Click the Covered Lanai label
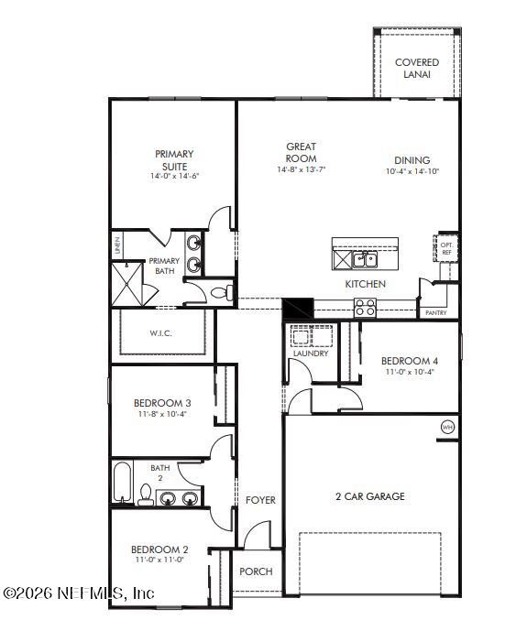pyautogui.click(x=416, y=68)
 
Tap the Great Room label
pyautogui.click(x=301, y=152)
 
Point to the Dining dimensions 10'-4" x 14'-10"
pyautogui.click(x=412, y=171)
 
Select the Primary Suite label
pyautogui.click(x=174, y=160)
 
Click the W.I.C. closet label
pyautogui.click(x=162, y=334)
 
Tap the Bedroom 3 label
pyautogui.click(x=162, y=403)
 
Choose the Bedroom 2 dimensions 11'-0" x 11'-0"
pyautogui.click(x=159, y=560)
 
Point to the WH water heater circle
pyautogui.click(x=447, y=427)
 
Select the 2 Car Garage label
pyautogui.click(x=370, y=496)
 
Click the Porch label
pyautogui.click(x=256, y=571)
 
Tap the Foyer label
pyautogui.click(x=260, y=500)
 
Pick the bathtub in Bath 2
pyautogui.click(x=122, y=483)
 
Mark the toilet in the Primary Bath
pyautogui.click(x=220, y=293)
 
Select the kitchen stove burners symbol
pyautogui.click(x=366, y=308)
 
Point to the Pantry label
pyautogui.click(x=435, y=313)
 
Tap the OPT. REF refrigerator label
pyautogui.click(x=447, y=248)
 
